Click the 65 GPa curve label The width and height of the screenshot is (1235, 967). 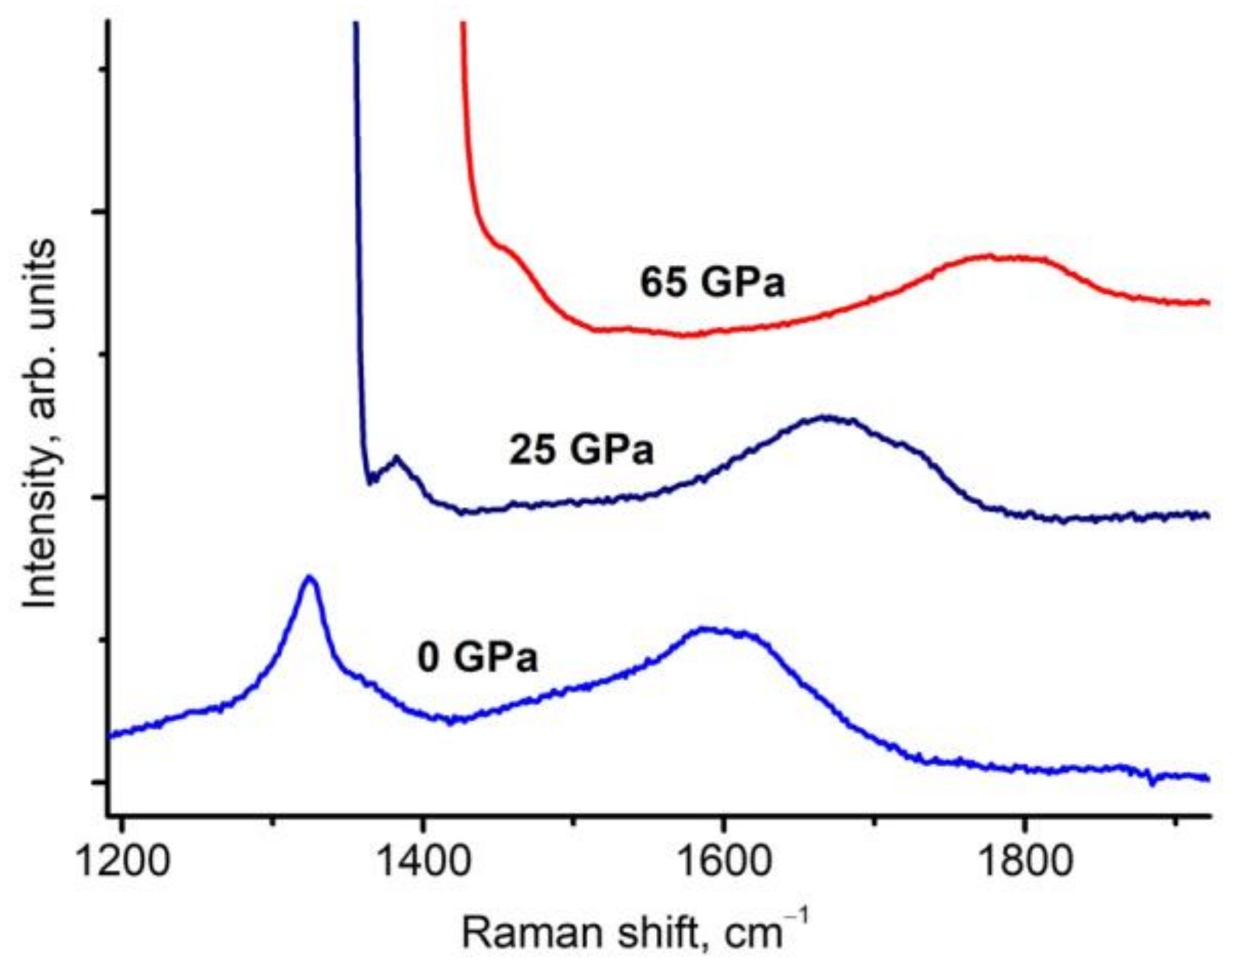click(x=712, y=283)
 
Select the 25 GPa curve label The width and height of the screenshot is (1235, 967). click(x=581, y=450)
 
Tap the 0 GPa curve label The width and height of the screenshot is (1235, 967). click(x=477, y=658)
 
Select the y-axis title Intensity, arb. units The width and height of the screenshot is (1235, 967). click(x=39, y=423)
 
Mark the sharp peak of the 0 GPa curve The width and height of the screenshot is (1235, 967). click(x=310, y=577)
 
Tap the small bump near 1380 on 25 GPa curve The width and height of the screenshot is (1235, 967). click(x=396, y=459)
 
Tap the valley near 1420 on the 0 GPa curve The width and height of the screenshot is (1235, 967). click(x=451, y=721)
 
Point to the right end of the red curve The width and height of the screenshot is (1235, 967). click(x=1207, y=302)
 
